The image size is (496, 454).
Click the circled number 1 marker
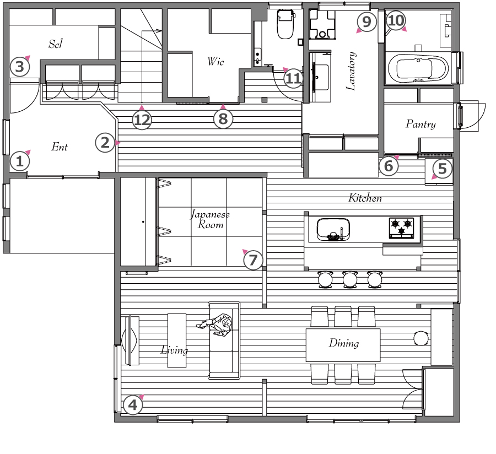click(x=20, y=161)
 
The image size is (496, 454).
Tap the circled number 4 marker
click(x=133, y=405)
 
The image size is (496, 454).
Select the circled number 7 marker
click(x=253, y=260)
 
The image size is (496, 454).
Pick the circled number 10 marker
click(x=395, y=20)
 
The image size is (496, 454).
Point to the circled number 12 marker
click(x=142, y=120)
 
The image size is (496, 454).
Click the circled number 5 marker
click(x=442, y=169)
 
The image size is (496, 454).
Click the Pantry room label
click(x=420, y=124)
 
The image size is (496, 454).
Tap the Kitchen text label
click(x=365, y=198)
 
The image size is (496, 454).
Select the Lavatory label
click(x=351, y=71)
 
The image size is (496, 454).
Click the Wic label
click(x=215, y=61)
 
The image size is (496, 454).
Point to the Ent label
click(x=60, y=147)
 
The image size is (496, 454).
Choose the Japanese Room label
click(x=211, y=219)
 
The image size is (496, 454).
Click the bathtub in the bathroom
click(x=418, y=68)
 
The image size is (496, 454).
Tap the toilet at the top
click(x=285, y=23)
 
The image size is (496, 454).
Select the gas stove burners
click(x=401, y=228)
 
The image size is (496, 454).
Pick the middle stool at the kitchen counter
click(x=350, y=279)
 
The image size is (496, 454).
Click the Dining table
click(x=343, y=345)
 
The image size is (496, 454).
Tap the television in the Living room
click(x=130, y=340)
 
